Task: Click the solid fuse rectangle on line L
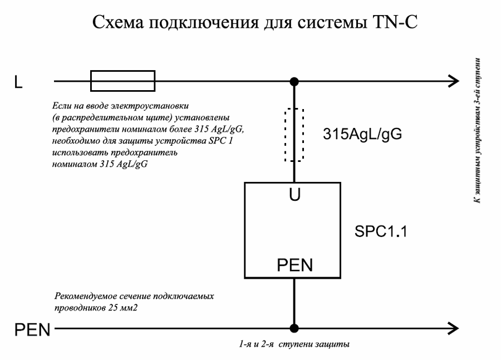pyautogui.click(x=122, y=71)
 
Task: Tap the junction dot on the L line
pyautogui.click(x=294, y=81)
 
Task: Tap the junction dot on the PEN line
pyautogui.click(x=294, y=328)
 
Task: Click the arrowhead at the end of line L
pyautogui.click(x=454, y=81)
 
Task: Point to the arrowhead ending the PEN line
pyautogui.click(x=454, y=328)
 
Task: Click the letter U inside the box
pyautogui.click(x=294, y=195)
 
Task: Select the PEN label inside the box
pyautogui.click(x=294, y=265)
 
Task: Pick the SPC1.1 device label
pyautogui.click(x=381, y=231)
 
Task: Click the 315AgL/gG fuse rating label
pyautogui.click(x=362, y=134)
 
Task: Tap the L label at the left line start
pyautogui.click(x=18, y=82)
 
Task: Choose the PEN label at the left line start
pyautogui.click(x=32, y=329)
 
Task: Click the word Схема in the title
pyautogui.click(x=118, y=23)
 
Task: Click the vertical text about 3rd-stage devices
pyautogui.click(x=477, y=130)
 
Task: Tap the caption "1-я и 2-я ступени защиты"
pyautogui.click(x=294, y=344)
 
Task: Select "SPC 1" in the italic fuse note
pyautogui.click(x=221, y=141)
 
